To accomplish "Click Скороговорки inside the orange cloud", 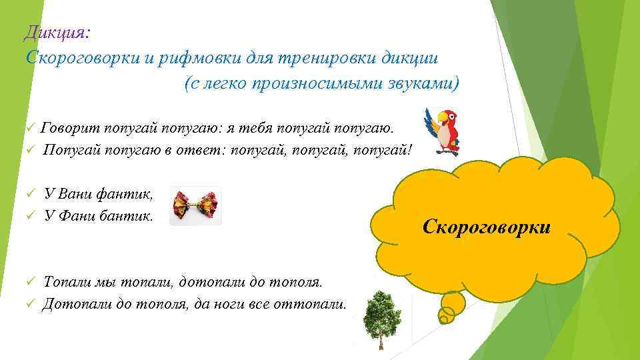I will coord(487,227).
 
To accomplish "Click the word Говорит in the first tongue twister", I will coord(67,127).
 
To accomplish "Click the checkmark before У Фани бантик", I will coord(29,216).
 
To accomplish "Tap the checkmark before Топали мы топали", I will coord(29,283).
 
